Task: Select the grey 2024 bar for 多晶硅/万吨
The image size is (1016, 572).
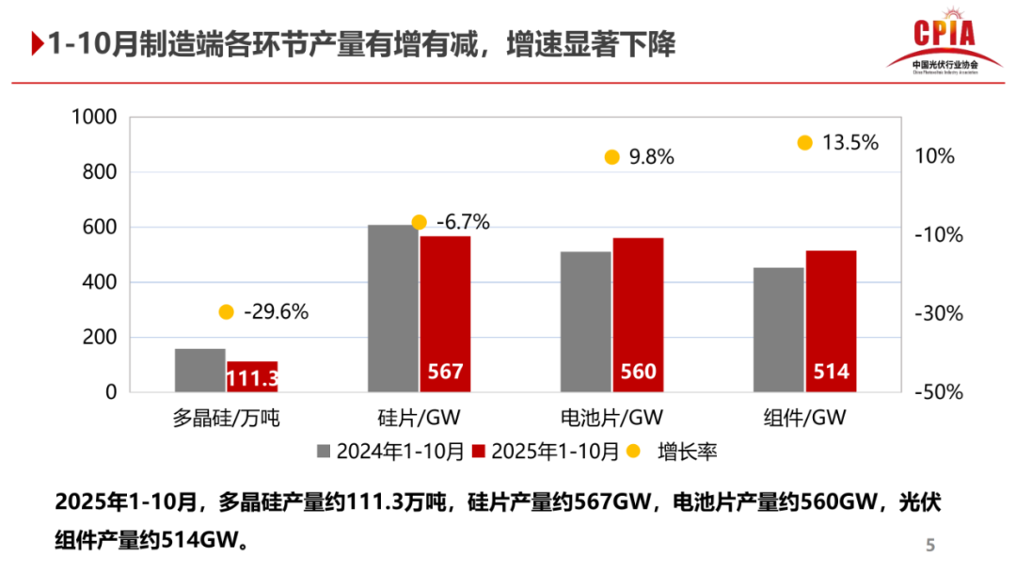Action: (199, 370)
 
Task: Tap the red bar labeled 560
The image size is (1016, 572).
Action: (638, 314)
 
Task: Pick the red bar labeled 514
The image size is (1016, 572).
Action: (831, 321)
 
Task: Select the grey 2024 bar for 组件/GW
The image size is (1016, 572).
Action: (778, 329)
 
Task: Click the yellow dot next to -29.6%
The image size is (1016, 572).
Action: (226, 312)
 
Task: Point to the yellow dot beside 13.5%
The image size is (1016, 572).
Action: (804, 143)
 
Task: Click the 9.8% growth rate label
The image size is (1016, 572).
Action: (651, 157)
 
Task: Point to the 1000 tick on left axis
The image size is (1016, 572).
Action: (93, 118)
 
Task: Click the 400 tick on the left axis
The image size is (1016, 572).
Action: (99, 282)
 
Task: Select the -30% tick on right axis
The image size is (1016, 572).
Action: (940, 314)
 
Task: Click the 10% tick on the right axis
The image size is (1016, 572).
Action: (935, 157)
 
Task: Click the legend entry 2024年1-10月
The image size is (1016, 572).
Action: (389, 452)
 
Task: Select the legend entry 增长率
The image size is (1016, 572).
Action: (688, 452)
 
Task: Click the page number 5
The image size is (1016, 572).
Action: (930, 545)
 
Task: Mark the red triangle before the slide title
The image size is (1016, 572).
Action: (37, 44)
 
